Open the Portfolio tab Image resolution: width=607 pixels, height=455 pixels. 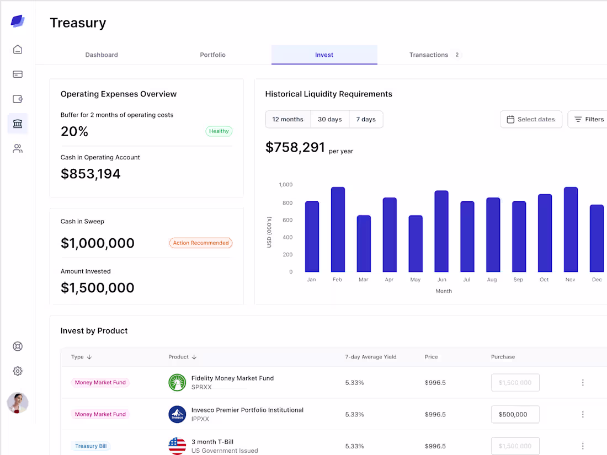tap(212, 55)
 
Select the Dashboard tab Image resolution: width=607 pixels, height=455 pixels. tap(102, 55)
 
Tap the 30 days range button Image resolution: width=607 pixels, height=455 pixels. tap(330, 119)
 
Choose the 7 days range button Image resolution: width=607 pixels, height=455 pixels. tap(366, 119)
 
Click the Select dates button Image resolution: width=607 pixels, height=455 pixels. tap(531, 119)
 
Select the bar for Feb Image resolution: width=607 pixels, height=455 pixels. tap(338, 229)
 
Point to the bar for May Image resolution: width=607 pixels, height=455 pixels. tap(416, 244)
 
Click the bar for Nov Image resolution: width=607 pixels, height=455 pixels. tap(571, 229)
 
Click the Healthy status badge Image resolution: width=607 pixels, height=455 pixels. tap(219, 131)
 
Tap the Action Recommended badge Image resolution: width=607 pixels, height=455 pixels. tap(201, 243)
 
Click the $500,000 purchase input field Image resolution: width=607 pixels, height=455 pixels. tap(515, 414)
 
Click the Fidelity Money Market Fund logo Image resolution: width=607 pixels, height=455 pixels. tap(177, 382)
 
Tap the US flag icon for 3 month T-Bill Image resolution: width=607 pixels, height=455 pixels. tap(177, 446)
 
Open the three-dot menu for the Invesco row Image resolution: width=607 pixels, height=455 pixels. tap(583, 414)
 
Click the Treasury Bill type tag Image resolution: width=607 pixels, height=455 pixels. tap(91, 446)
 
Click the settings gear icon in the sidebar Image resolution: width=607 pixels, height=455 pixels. tap(18, 371)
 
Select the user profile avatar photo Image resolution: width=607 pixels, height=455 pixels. tap(18, 403)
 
